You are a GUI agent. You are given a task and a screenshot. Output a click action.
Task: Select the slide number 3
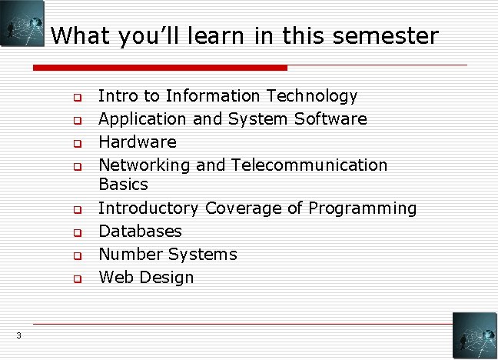pyautogui.click(x=18, y=335)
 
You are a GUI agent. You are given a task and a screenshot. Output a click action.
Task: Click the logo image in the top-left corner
pyautogui.click(x=22, y=23)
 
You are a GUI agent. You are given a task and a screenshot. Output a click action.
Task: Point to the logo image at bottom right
pyautogui.click(x=473, y=335)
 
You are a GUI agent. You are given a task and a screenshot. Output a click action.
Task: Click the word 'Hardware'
pyautogui.click(x=138, y=142)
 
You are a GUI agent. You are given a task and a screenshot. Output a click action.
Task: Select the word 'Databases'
pyautogui.click(x=141, y=231)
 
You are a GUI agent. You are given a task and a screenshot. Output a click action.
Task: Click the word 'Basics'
pyautogui.click(x=123, y=185)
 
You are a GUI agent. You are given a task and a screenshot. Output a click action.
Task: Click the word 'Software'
pyautogui.click(x=330, y=119)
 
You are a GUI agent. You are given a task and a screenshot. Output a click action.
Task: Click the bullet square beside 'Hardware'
pyautogui.click(x=77, y=143)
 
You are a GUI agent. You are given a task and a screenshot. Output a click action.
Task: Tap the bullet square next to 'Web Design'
pyautogui.click(x=77, y=278)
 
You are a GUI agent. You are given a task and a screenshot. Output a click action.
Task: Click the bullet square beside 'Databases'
pyautogui.click(x=77, y=232)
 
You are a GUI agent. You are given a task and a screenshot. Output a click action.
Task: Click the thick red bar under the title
pyautogui.click(x=160, y=68)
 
